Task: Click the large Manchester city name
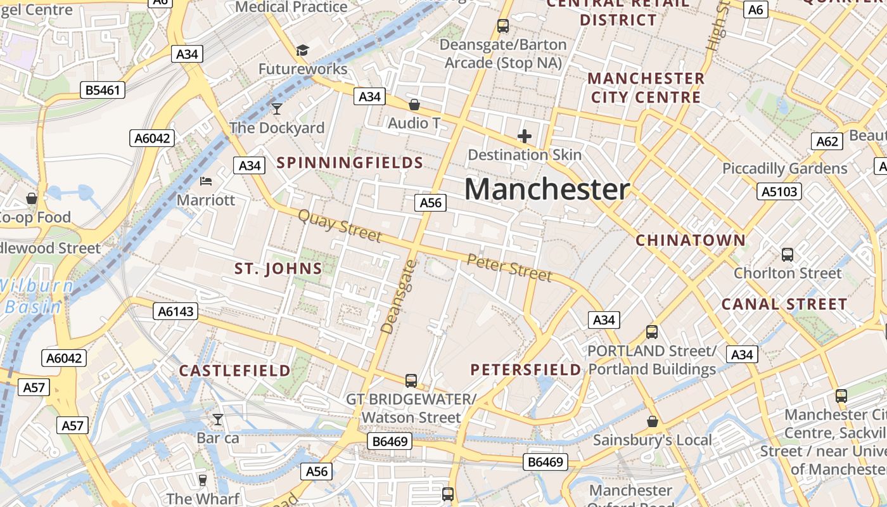point(547,189)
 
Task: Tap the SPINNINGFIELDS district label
point(350,163)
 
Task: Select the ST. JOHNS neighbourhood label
point(279,269)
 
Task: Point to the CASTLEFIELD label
point(235,371)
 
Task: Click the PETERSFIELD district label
point(526,369)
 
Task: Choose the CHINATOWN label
point(691,241)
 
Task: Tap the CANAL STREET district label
point(784,304)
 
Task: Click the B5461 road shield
point(102,90)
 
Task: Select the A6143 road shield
point(175,311)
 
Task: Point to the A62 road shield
point(827,141)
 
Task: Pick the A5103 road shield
point(779,191)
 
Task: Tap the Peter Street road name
point(509,267)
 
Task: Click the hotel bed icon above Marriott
point(206,181)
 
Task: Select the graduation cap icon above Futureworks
point(303,50)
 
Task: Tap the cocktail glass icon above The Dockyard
point(277,108)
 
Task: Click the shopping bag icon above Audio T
point(414,105)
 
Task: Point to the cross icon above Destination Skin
point(525,136)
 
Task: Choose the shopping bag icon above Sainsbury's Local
point(653,421)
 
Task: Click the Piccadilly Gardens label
point(784,169)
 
